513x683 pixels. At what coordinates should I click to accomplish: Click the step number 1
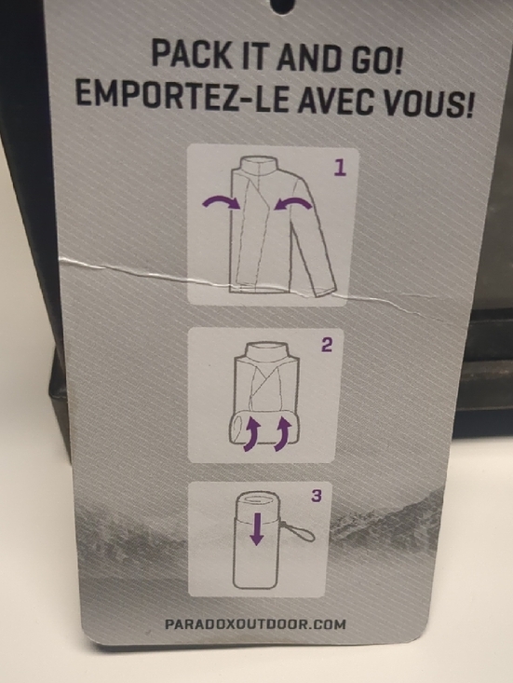pos(340,168)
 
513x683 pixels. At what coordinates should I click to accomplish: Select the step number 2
pos(327,345)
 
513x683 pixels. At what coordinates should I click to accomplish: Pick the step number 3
pos(317,496)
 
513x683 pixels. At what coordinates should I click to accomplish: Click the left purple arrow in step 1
pos(222,200)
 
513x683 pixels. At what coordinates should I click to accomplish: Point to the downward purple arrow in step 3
pos(257,528)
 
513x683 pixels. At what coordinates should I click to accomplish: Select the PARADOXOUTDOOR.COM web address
pos(255,623)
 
